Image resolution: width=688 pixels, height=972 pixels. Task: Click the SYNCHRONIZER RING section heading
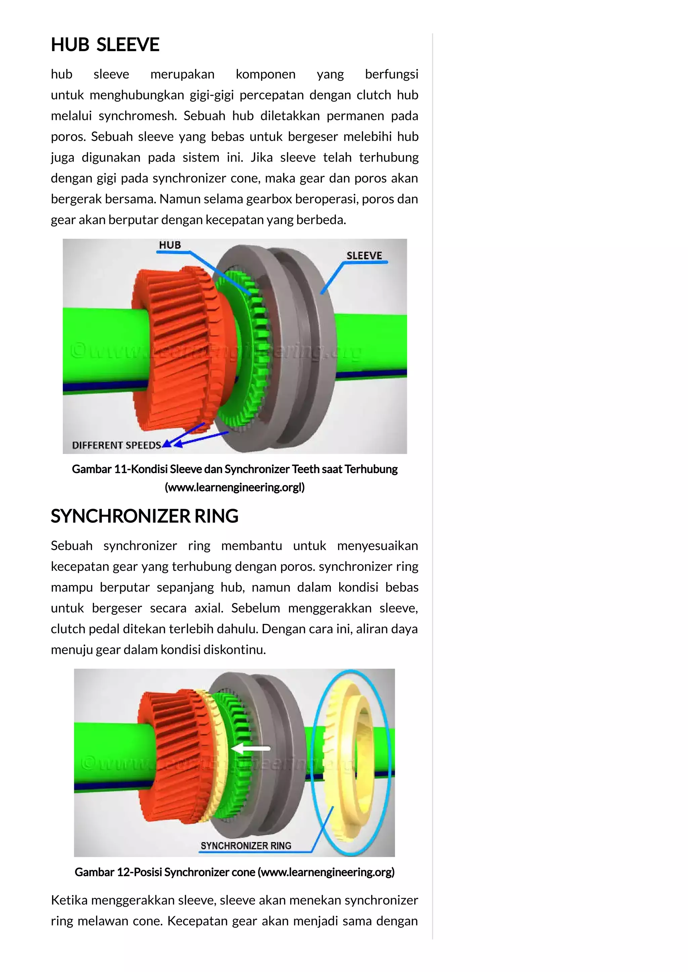(144, 516)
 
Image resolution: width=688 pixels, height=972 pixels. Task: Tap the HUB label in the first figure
(170, 245)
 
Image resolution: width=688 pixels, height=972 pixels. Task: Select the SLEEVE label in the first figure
(364, 255)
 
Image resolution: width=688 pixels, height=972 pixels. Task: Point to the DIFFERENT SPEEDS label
(117, 445)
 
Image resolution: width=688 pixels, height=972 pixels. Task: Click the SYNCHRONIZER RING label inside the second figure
(246, 845)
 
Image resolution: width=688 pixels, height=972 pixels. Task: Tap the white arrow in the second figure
(251, 748)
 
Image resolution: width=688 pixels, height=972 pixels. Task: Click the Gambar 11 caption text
(234, 469)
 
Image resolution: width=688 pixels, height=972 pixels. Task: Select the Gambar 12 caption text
(234, 872)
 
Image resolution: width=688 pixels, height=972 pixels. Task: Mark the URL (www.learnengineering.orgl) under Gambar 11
(234, 487)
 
